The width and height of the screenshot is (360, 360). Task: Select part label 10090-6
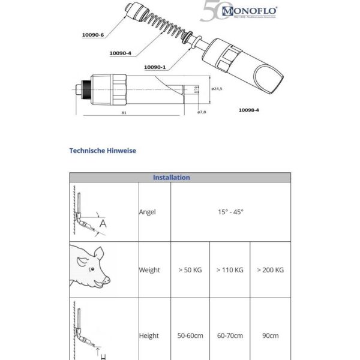93,35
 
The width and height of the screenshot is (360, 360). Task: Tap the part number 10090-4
121,53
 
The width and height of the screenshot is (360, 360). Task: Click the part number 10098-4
250,110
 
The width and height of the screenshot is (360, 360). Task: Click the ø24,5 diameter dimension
217,89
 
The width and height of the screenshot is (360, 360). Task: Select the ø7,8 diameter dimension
203,112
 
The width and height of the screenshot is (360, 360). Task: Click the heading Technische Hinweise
103,151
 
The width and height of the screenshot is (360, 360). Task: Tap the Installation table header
172,178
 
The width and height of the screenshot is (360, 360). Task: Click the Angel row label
148,212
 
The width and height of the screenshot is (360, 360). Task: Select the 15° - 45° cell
230,212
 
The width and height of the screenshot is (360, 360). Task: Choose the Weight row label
149,270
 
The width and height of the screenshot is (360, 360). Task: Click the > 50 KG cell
190,270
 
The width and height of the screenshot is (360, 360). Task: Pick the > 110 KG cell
230,270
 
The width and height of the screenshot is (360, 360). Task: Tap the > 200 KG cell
270,270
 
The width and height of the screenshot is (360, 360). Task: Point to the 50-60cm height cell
190,336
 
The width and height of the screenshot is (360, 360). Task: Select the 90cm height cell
270,336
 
